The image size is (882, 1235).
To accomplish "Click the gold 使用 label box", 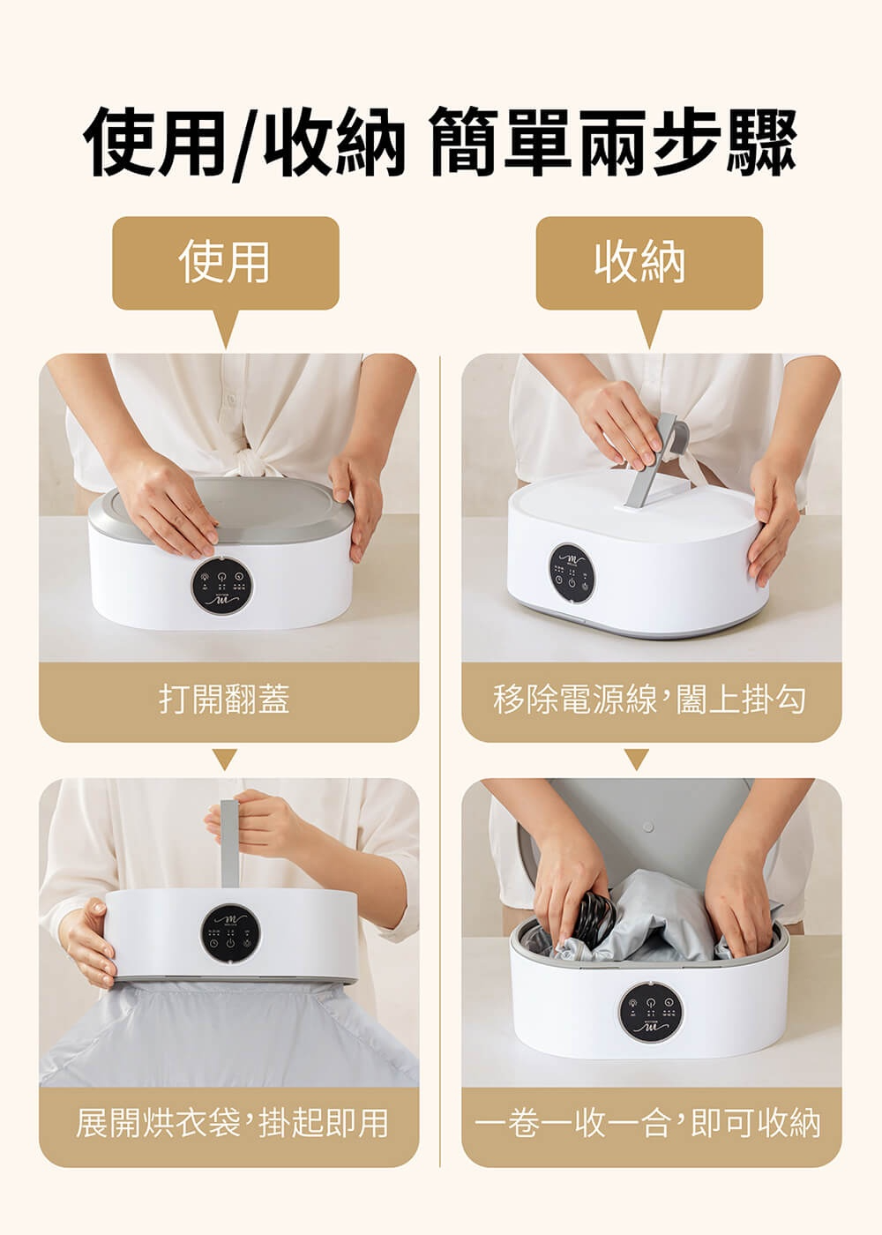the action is pos(226,263).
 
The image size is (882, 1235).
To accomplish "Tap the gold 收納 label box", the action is pos(649,263).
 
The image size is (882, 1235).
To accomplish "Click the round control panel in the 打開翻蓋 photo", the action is pos(222,585).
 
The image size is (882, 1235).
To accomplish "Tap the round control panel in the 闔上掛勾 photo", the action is pos(572,573).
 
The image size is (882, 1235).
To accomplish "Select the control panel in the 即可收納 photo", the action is pos(651,1010).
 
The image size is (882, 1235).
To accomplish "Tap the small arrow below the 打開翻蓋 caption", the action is pos(225,760).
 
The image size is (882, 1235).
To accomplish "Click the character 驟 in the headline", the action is pos(761,142).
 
